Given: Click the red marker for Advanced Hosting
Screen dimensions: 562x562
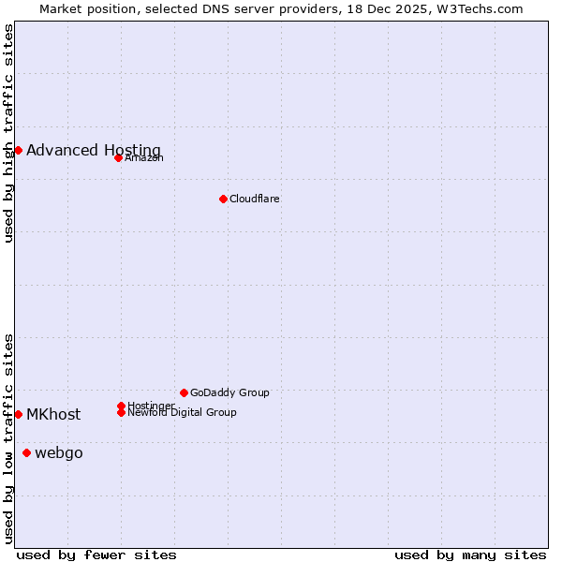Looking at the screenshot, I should point(18,150).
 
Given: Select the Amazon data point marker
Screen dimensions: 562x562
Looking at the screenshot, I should point(118,157).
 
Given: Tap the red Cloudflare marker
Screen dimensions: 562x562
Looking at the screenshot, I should point(223,199).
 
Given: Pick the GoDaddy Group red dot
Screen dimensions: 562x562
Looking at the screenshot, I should point(184,392).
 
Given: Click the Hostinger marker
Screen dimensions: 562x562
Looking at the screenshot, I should point(121,406).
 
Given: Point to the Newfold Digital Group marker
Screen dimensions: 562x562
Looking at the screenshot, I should point(121,412).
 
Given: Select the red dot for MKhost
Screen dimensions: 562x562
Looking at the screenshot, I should point(18,414).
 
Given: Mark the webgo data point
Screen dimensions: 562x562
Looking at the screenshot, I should point(26,453).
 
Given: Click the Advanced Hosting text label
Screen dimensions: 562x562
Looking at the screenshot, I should point(94,150).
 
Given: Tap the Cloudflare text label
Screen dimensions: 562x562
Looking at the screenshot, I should point(255,199).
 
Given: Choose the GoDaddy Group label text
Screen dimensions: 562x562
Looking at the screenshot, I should point(229,392).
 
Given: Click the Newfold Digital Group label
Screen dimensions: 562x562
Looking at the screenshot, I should point(182,412).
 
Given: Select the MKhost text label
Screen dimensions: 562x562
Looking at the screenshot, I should point(53,414).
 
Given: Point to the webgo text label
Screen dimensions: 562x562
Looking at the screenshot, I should point(59,453).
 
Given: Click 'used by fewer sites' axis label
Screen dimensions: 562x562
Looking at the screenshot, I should point(96,555).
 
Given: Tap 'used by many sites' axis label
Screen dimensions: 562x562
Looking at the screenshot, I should point(470,555).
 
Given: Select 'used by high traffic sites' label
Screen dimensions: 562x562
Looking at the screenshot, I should point(8,133).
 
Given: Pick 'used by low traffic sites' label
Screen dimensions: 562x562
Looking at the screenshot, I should point(8,438).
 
